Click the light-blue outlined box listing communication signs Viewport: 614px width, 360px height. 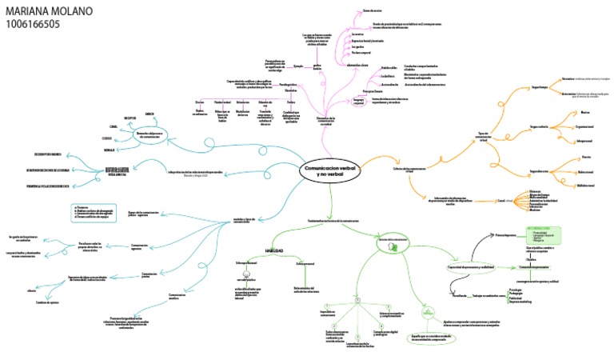(x=96, y=214)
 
